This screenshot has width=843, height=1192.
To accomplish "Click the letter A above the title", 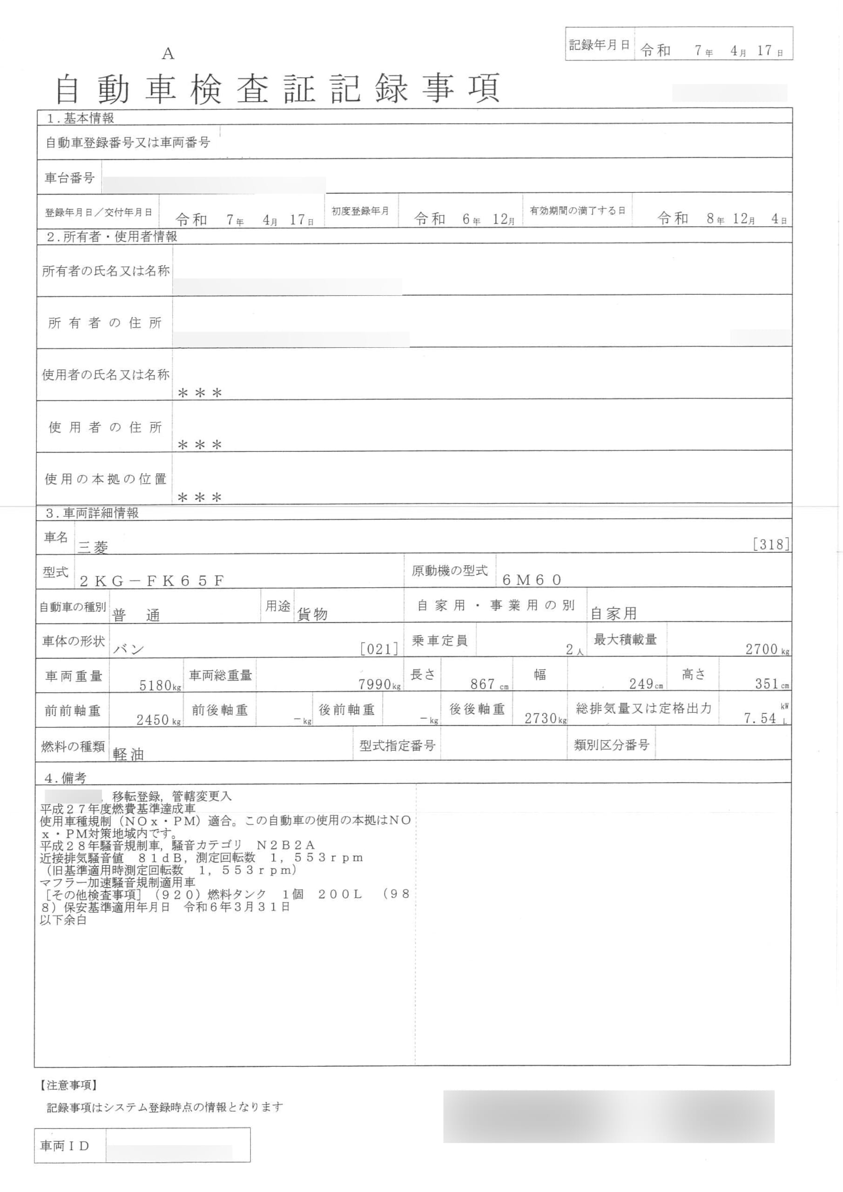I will (x=168, y=54).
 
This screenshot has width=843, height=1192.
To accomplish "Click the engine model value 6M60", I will (x=532, y=580).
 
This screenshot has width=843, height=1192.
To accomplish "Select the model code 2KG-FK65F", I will (x=152, y=581).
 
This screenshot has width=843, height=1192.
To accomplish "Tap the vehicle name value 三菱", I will (x=93, y=547).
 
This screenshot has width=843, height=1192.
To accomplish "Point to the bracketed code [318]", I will (x=771, y=544).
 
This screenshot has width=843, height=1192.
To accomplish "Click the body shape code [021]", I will (x=379, y=649).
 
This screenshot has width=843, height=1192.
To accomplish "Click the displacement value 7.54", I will (x=760, y=718).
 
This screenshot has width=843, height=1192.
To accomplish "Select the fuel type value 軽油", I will (x=128, y=754).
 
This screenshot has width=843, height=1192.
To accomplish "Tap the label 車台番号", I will (x=69, y=178).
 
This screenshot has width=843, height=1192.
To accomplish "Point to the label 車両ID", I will (x=64, y=1146).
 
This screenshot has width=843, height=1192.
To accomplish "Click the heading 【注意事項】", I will (x=68, y=1084).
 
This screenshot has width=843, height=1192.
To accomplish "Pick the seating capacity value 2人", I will (x=574, y=650).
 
